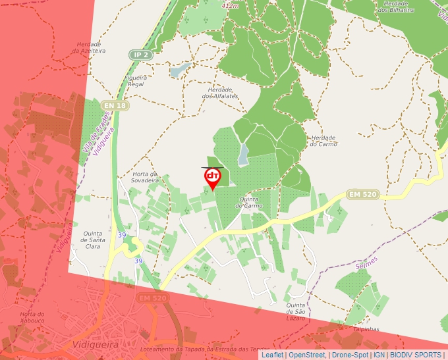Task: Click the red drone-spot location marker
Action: pyautogui.click(x=212, y=178)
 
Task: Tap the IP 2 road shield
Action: pyautogui.click(x=140, y=55)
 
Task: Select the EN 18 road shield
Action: pyautogui.click(x=115, y=105)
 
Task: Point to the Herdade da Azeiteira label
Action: pyautogui.click(x=89, y=47)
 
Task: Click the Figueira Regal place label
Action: pyautogui.click(x=135, y=81)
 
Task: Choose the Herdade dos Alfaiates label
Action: pyautogui.click(x=219, y=93)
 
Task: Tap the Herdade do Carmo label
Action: pyautogui.click(x=323, y=141)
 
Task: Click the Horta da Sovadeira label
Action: pyautogui.click(x=146, y=176)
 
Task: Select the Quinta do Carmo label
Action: pyautogui.click(x=251, y=202)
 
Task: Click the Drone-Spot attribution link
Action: pyautogui.click(x=350, y=355)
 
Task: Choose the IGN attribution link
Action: pyautogui.click(x=379, y=355)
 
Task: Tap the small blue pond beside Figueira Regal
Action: pyautogui.click(x=179, y=68)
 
